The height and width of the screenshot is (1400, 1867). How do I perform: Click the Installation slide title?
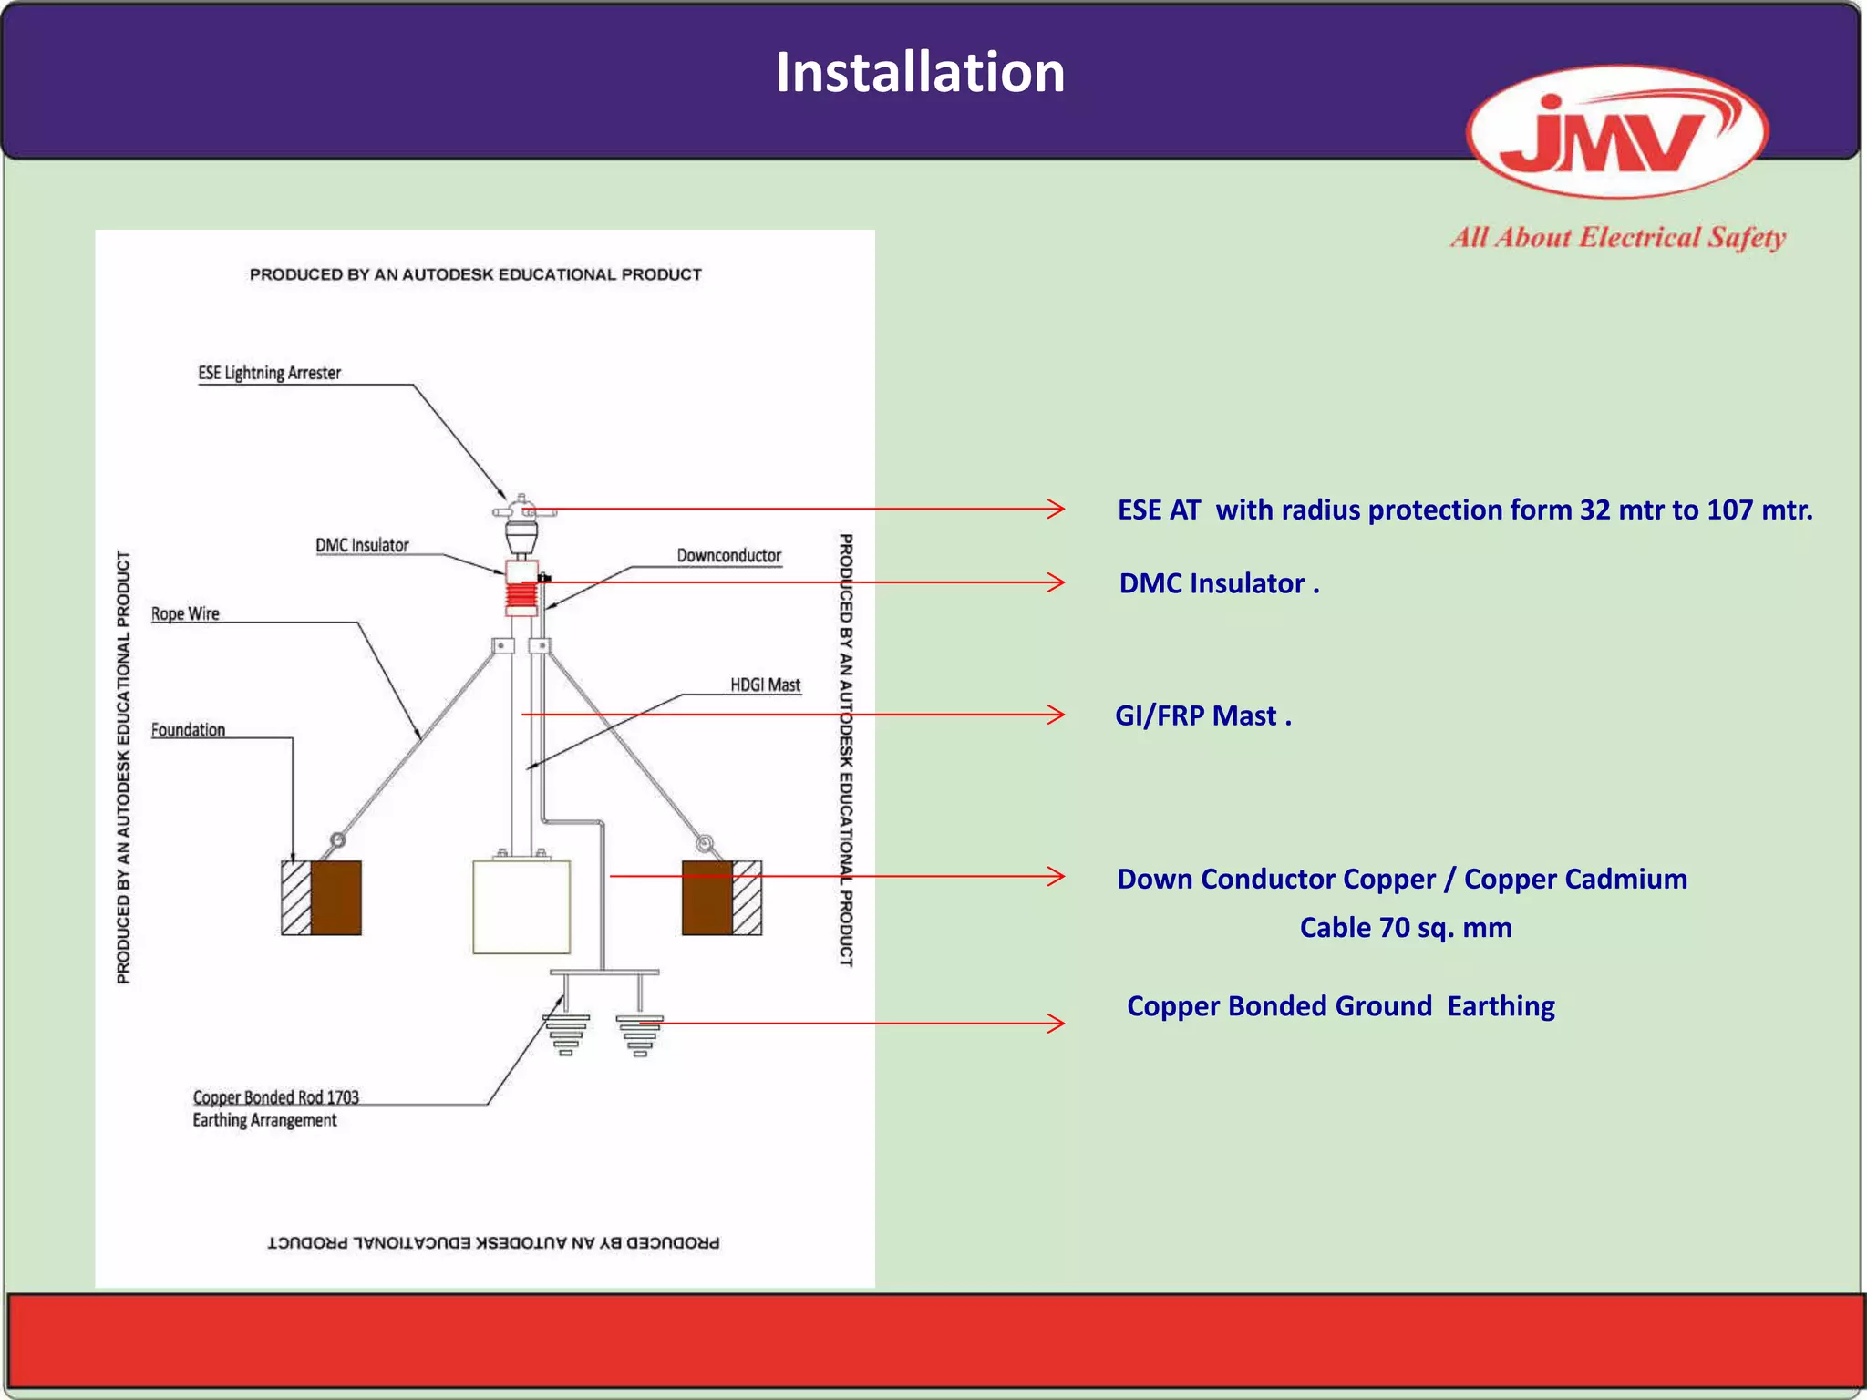(920, 73)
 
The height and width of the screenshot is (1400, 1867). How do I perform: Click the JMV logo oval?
(1617, 132)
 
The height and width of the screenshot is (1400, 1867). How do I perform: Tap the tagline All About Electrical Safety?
(1618, 238)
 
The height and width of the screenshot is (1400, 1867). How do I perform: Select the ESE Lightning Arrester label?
(269, 373)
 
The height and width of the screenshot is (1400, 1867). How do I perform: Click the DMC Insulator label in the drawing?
(362, 545)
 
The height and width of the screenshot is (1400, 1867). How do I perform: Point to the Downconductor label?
(728, 555)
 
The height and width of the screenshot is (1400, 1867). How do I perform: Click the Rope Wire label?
(185, 613)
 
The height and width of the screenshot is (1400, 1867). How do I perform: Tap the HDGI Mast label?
(765, 685)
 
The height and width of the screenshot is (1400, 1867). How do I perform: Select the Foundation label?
(188, 730)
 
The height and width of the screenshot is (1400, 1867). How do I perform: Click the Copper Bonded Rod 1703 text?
(275, 1097)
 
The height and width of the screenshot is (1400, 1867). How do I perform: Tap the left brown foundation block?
(335, 898)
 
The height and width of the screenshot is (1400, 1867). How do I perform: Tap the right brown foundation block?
(707, 898)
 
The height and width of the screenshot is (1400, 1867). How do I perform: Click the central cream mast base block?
(521, 906)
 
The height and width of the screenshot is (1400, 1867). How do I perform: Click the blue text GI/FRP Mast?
(1202, 715)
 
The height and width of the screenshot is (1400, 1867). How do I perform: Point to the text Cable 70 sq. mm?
(1405, 928)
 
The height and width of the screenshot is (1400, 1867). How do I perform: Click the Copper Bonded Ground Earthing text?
(1340, 1006)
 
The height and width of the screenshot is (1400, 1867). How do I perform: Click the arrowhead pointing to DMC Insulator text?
(1057, 582)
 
